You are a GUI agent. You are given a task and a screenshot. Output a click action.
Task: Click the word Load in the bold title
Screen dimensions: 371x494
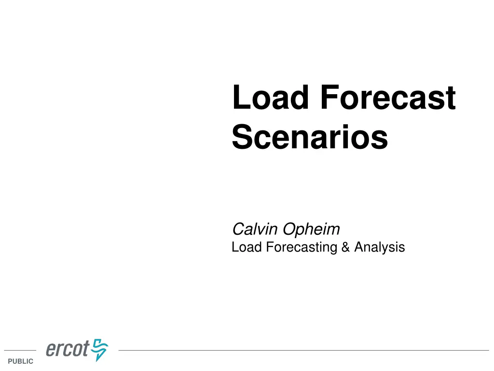click(270, 98)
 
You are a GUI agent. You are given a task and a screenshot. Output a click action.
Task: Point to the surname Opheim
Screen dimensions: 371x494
click(311, 228)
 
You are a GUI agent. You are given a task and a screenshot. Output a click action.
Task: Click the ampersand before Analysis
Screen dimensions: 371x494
click(345, 247)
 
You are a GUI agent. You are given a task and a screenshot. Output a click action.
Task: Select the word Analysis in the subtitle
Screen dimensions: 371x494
click(379, 247)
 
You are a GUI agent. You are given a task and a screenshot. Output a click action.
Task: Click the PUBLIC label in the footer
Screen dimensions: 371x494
click(21, 361)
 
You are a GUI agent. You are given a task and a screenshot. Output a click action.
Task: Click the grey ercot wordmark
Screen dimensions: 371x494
click(68, 349)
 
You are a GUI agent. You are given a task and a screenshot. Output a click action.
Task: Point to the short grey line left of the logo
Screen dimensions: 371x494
click(20, 350)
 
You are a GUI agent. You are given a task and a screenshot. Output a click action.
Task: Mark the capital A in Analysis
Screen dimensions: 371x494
click(359, 247)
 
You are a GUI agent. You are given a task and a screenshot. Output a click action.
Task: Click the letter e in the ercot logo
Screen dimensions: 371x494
click(51, 350)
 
